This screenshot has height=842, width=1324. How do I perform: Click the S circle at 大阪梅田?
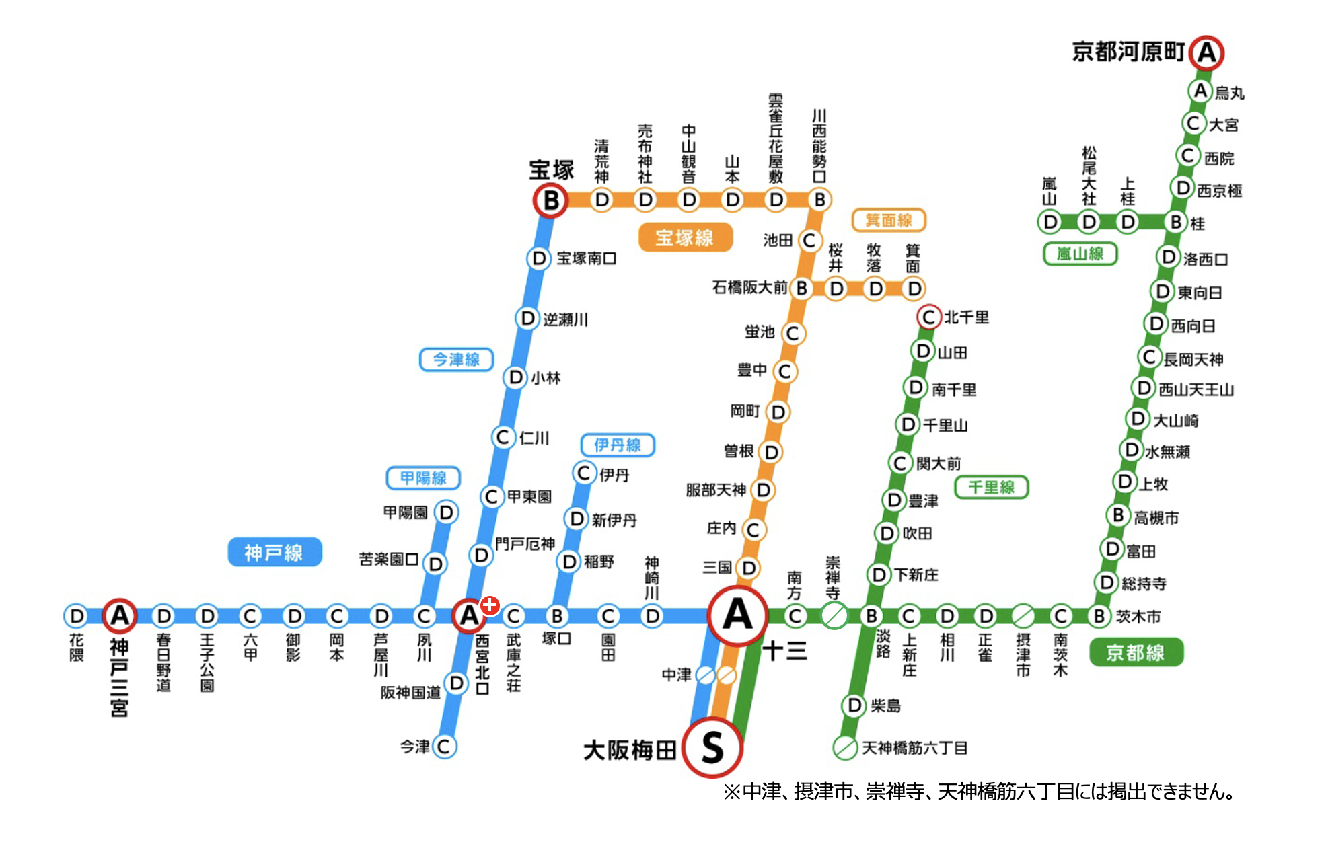click(712, 747)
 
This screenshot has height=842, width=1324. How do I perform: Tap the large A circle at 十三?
click(737, 615)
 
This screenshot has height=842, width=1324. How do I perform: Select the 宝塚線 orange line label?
click(685, 237)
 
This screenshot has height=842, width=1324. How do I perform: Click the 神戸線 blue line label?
click(274, 552)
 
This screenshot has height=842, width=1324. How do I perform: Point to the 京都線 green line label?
click(1136, 652)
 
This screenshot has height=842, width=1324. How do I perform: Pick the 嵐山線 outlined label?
click(1080, 254)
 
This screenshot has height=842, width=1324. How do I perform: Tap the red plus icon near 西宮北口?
click(490, 605)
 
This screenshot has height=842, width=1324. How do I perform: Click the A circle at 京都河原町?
click(1206, 52)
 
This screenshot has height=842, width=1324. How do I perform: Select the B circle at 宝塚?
click(551, 200)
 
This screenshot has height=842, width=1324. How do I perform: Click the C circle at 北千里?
click(929, 317)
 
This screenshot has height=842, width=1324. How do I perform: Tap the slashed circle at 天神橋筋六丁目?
click(845, 747)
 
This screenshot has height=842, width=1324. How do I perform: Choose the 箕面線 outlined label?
click(889, 220)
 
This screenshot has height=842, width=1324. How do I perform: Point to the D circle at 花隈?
click(77, 616)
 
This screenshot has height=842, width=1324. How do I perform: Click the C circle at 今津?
click(444, 746)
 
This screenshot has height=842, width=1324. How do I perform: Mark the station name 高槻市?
click(1156, 518)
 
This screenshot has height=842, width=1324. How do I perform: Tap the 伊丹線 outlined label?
click(618, 445)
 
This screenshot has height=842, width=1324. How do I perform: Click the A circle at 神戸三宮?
click(120, 615)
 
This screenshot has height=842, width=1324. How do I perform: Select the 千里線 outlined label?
click(991, 487)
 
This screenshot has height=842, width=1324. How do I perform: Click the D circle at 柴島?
click(854, 705)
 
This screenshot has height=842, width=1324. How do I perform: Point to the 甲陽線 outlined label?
click(423, 477)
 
